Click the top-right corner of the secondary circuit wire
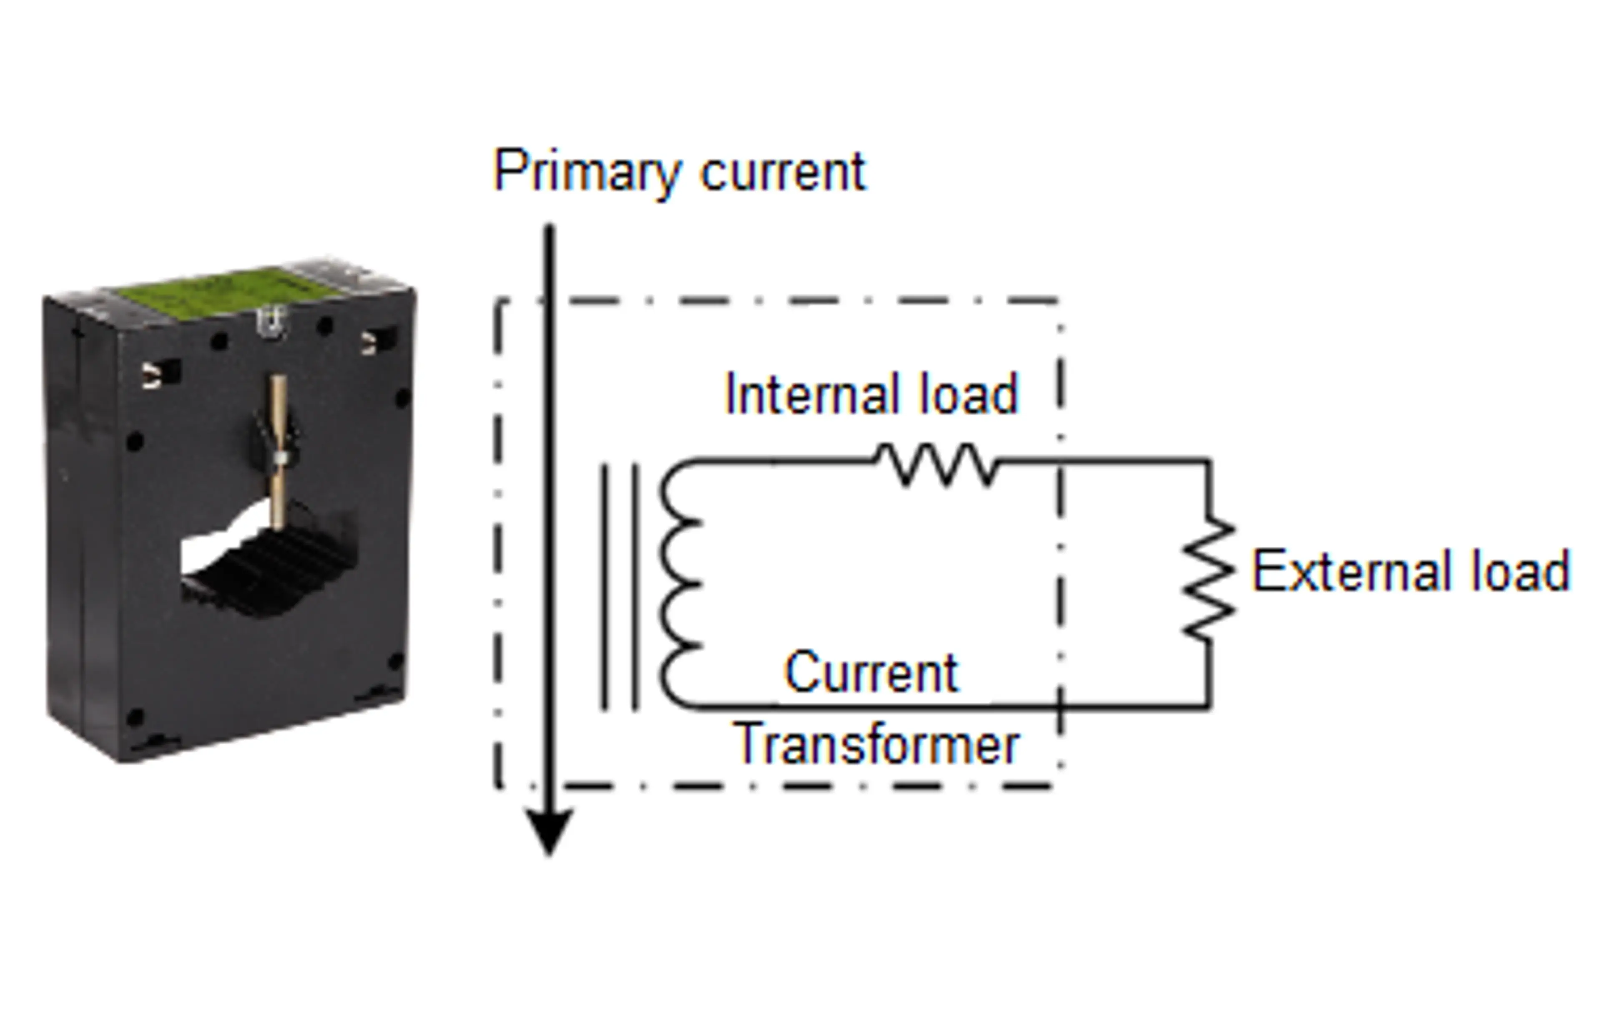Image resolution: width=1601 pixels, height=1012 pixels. click(1209, 460)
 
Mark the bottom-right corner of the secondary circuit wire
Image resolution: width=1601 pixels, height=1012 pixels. click(1209, 707)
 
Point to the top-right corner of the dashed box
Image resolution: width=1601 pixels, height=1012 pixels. click(1059, 301)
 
